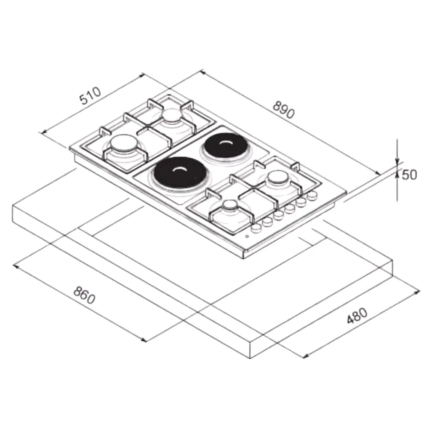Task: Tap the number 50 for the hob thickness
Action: pyautogui.click(x=409, y=175)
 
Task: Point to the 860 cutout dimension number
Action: pyautogui.click(x=84, y=295)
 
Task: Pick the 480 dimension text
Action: pyautogui.click(x=357, y=316)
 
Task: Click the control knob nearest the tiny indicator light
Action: pyautogui.click(x=256, y=228)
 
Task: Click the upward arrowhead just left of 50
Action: pyautogui.click(x=397, y=173)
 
